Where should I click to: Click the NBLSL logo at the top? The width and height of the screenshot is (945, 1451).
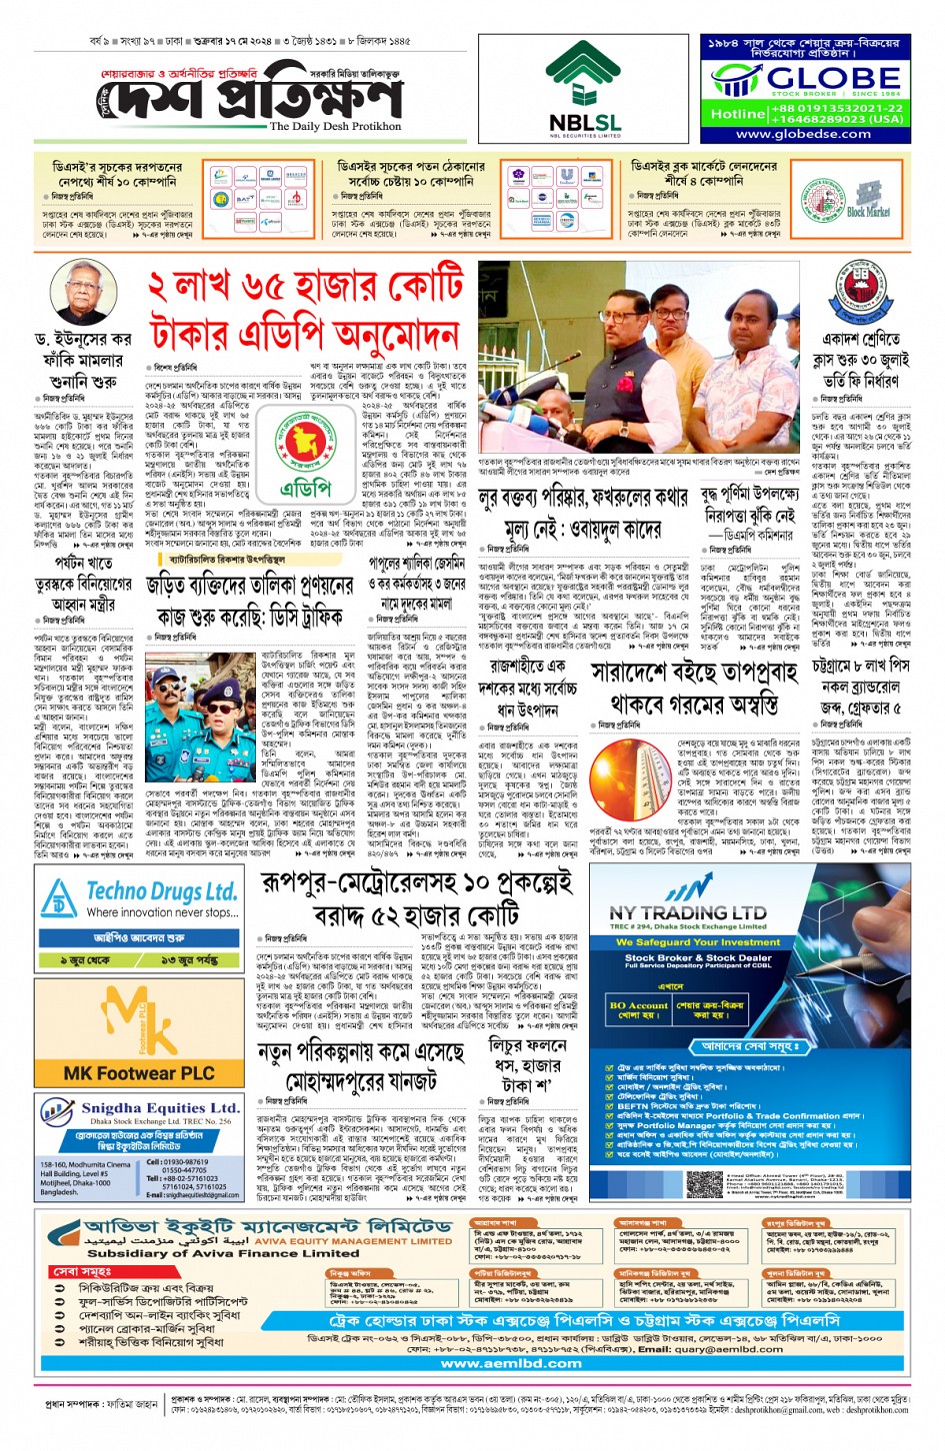pos(584,90)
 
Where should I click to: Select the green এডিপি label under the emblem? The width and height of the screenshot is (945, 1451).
pos(305,489)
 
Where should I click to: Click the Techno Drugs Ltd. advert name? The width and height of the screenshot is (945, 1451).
pos(161,892)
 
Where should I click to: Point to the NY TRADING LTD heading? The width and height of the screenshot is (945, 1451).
pos(687,912)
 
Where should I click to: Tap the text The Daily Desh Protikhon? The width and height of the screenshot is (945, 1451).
pos(335,127)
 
